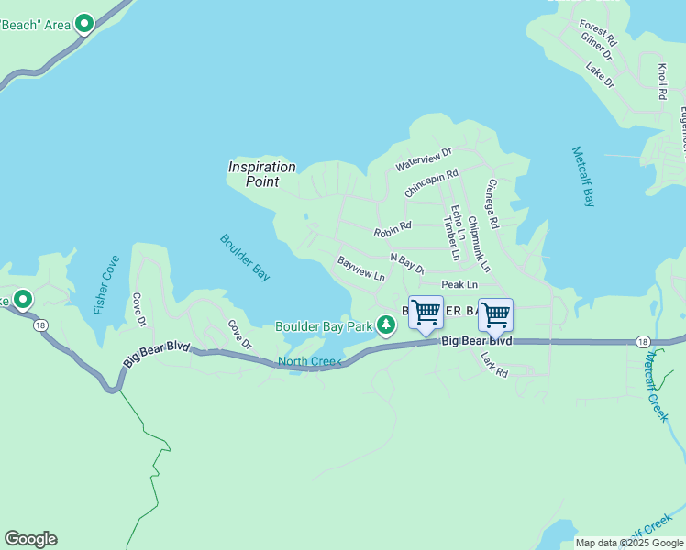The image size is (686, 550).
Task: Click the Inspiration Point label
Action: (262, 174)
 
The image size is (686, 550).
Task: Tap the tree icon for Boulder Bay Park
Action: (387, 324)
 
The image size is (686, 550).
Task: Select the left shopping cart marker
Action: (426, 313)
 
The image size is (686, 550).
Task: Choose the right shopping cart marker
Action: (495, 315)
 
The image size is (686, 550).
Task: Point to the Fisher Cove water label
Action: (106, 285)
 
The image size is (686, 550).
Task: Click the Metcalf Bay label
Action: (583, 176)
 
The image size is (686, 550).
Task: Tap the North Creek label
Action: (309, 361)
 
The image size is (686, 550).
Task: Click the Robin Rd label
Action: (393, 229)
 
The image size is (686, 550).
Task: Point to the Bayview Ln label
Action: (360, 269)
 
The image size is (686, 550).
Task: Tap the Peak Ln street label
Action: (459, 285)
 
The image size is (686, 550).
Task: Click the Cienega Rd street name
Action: (492, 203)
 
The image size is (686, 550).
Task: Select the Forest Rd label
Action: (598, 33)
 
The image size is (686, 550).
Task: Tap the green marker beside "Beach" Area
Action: (84, 24)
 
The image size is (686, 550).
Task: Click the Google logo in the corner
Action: (30, 539)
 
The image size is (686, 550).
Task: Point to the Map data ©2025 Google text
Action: (629, 543)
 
